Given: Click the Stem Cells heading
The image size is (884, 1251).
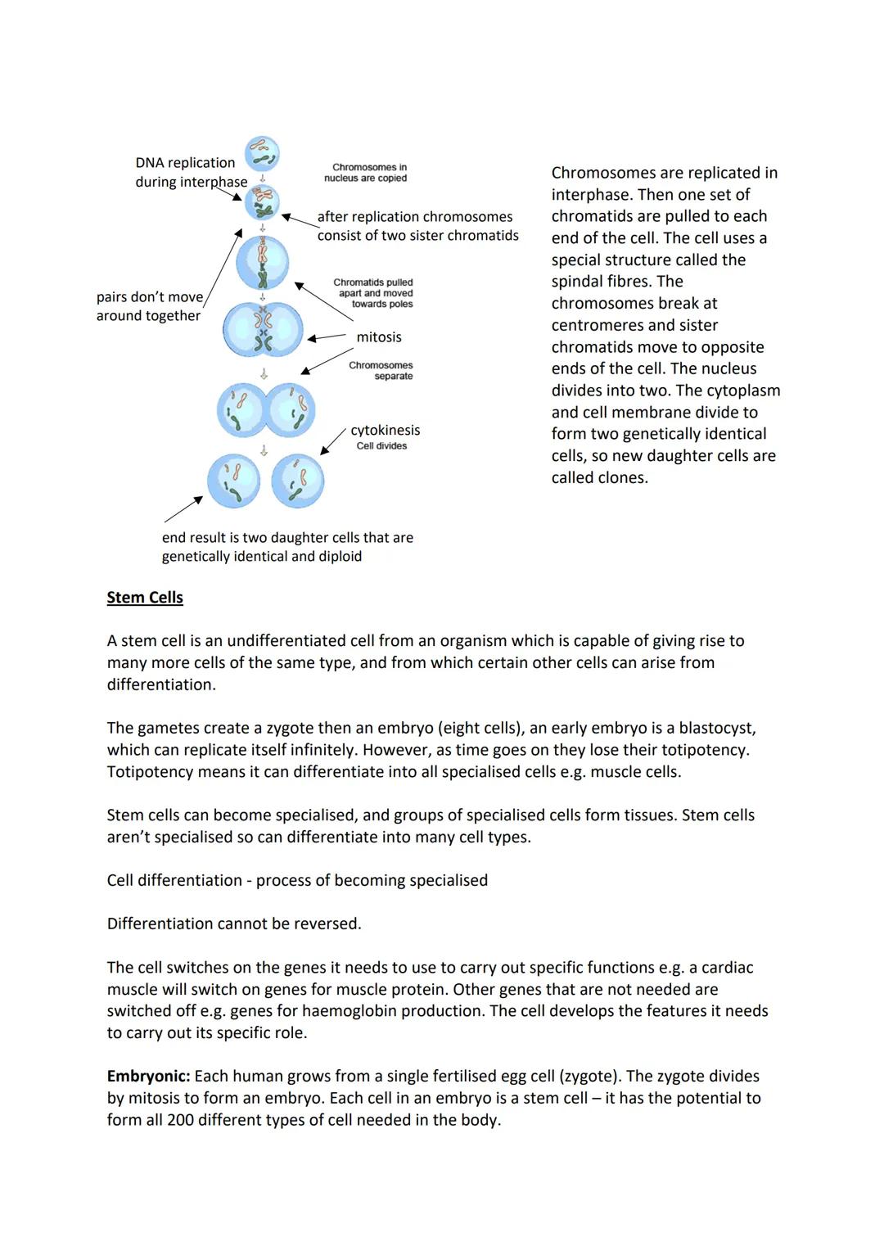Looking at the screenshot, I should click(145, 598).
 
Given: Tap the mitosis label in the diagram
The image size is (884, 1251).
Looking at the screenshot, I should click(379, 337).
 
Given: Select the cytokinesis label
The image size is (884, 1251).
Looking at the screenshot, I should click(385, 431).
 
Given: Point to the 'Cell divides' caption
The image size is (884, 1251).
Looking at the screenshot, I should click(381, 446).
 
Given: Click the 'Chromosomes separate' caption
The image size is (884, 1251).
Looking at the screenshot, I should click(381, 371).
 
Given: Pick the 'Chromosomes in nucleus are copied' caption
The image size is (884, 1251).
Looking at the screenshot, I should click(366, 173).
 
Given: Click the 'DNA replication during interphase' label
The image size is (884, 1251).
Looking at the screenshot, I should click(191, 173).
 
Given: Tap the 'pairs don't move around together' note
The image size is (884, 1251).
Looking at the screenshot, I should click(149, 306).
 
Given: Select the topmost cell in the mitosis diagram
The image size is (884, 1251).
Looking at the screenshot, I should click(263, 153).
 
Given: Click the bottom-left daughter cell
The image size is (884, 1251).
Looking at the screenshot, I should click(233, 481).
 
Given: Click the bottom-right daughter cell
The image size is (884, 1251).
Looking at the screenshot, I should click(298, 481).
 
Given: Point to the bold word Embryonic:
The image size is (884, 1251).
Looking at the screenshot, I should click(148, 1077).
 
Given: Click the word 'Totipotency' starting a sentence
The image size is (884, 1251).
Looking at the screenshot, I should click(152, 772).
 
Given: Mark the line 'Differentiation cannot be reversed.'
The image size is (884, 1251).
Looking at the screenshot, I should click(234, 924).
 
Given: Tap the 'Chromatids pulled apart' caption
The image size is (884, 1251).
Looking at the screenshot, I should click(373, 293).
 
